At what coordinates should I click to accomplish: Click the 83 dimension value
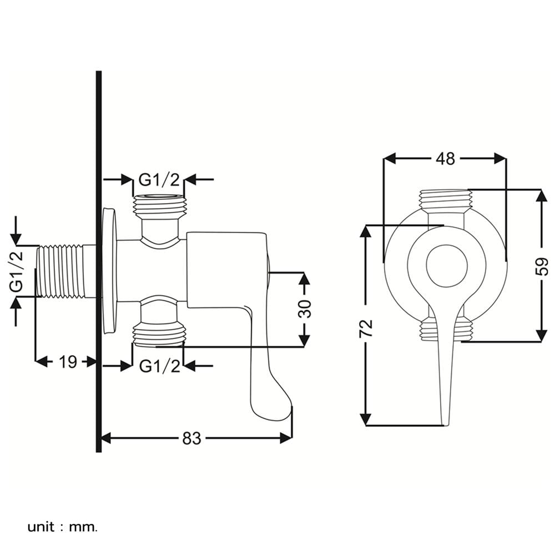191,438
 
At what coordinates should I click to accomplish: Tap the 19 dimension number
68,362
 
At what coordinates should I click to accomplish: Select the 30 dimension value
305,309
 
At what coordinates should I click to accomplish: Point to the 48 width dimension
445,159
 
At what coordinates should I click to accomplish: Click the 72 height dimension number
366,328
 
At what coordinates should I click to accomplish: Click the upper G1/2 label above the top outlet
159,179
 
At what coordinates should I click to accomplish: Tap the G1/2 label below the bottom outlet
159,366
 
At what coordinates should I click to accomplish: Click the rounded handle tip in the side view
272,408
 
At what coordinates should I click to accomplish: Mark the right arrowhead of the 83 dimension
287,438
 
